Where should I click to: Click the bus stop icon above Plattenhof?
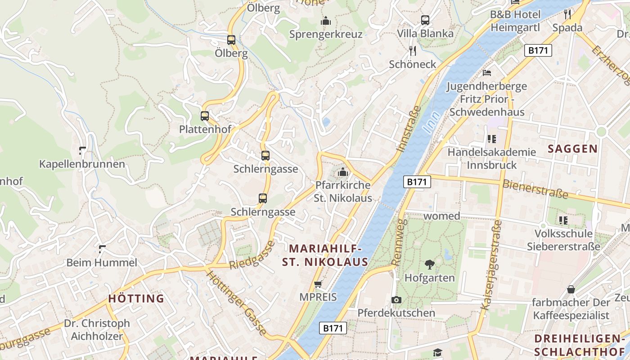tap(205, 116)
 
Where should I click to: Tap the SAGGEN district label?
tap(573, 149)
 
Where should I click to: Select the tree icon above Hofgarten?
tap(429, 265)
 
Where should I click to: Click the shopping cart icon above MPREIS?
tap(318, 284)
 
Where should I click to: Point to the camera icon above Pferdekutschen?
tap(396, 300)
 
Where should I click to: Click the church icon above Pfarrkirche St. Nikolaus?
tap(343, 172)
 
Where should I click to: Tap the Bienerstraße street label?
tap(535, 189)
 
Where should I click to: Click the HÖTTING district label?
tap(136, 298)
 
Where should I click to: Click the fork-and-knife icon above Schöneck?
tap(412, 50)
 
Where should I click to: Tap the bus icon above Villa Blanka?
tap(425, 20)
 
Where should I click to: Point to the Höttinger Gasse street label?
tap(236, 301)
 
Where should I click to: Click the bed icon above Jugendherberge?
tap(486, 72)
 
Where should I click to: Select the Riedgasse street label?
tap(252, 255)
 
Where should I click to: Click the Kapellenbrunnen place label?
tap(82, 164)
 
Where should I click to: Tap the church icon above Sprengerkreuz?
tap(326, 21)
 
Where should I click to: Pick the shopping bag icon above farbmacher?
tap(571, 289)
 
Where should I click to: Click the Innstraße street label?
tap(409, 129)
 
